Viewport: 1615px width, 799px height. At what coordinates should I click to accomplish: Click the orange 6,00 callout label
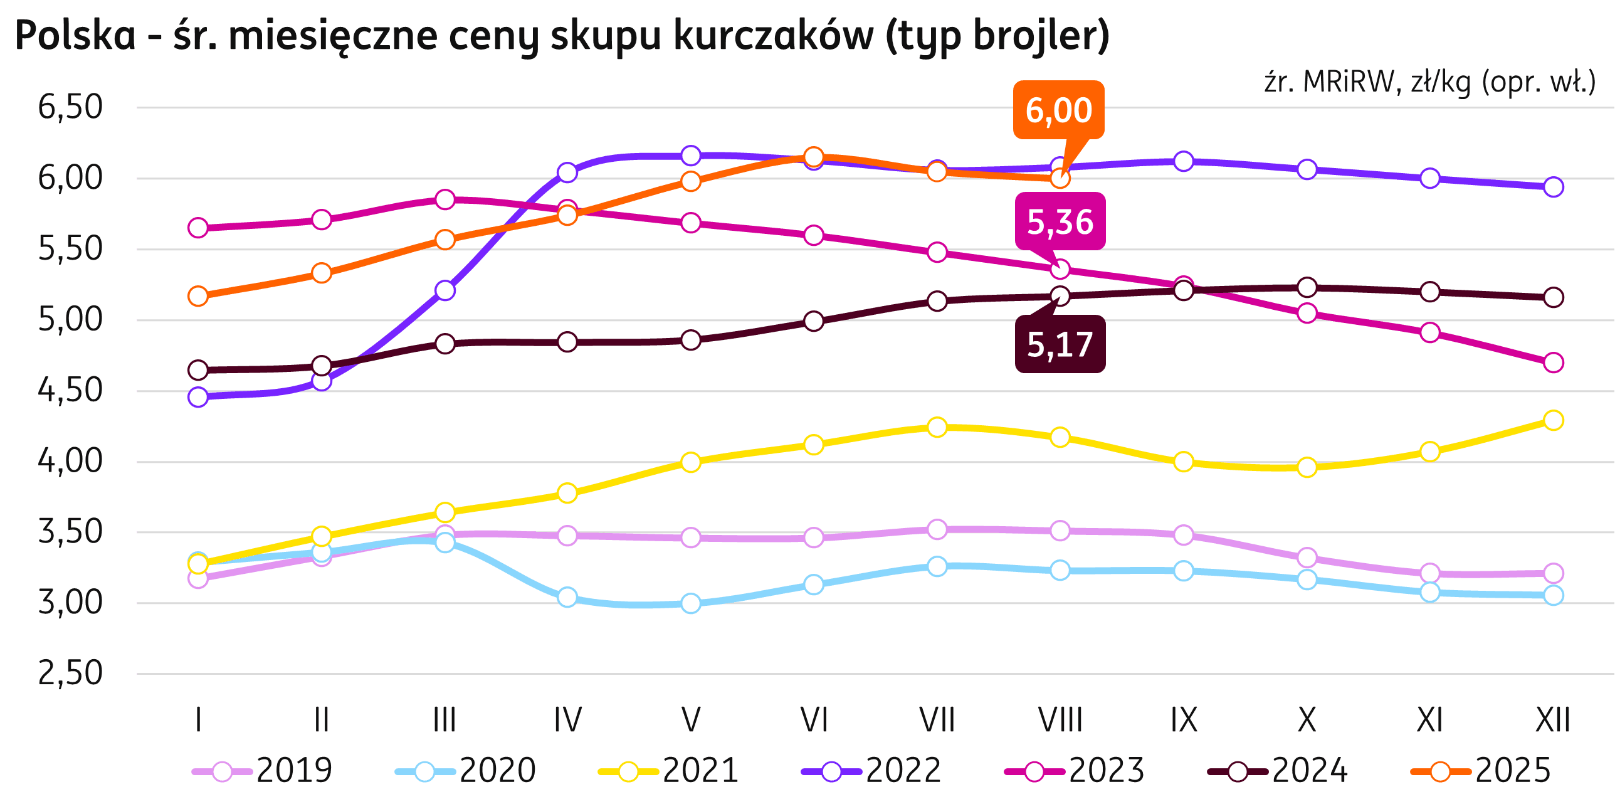(x=1059, y=110)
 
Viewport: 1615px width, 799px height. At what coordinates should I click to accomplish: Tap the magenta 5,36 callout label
(x=1060, y=221)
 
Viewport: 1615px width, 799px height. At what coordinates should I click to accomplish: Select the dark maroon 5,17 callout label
(x=1060, y=344)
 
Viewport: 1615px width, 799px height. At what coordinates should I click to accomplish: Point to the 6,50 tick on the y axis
(x=70, y=107)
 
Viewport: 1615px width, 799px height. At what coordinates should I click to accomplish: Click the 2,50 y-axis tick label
(x=70, y=674)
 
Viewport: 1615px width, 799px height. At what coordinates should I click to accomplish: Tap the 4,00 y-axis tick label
(x=70, y=462)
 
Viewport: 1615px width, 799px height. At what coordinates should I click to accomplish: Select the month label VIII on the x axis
(x=1060, y=720)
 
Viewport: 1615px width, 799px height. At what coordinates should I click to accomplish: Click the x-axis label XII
(x=1553, y=720)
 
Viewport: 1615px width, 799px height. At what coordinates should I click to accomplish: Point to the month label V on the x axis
(x=690, y=720)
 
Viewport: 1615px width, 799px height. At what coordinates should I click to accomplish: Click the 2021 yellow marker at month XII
(x=1553, y=420)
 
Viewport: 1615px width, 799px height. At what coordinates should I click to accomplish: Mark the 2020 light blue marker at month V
(x=690, y=603)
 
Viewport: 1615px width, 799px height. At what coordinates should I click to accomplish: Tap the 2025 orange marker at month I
(x=198, y=296)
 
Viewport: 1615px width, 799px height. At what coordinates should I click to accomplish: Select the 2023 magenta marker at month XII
(x=1553, y=362)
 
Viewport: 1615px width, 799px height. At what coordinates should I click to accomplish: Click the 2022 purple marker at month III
(x=445, y=290)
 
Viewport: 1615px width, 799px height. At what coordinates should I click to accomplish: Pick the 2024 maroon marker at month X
(x=1307, y=287)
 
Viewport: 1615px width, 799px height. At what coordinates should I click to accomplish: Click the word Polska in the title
(x=76, y=36)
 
